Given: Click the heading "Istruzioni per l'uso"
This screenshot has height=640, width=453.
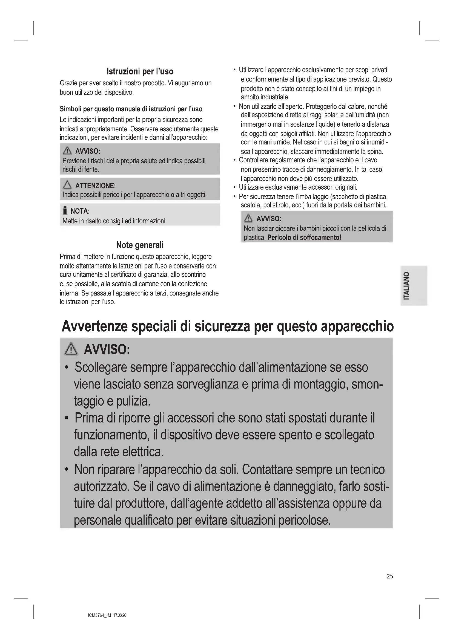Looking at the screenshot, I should click(x=140, y=72).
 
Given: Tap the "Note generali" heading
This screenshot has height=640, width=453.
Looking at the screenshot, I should click(x=140, y=245).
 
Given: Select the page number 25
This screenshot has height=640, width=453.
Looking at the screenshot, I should click(x=390, y=576).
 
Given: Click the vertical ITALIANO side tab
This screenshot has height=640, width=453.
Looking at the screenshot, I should click(x=414, y=285).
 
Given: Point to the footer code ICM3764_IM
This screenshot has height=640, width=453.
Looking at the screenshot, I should click(x=100, y=615).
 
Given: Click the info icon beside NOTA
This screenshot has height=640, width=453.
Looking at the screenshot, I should click(x=65, y=211).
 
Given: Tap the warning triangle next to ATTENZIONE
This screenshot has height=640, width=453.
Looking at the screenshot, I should click(x=67, y=185).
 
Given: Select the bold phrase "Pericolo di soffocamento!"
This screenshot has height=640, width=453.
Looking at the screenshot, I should click(x=304, y=238).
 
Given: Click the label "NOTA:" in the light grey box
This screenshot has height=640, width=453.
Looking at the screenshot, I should click(x=80, y=211).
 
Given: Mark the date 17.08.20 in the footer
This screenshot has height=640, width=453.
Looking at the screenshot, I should click(x=120, y=615).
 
